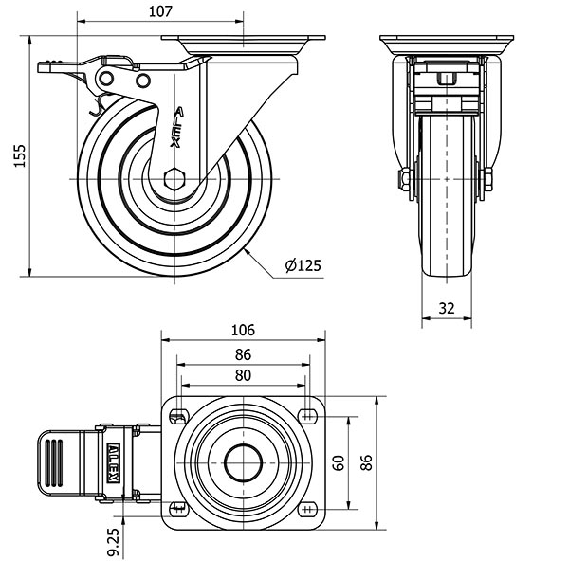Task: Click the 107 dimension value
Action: point(160,11)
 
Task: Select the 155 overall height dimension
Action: point(20,155)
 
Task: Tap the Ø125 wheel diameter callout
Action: point(303,265)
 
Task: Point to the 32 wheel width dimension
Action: point(447,308)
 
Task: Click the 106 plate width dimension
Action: point(243,330)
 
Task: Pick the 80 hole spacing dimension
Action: point(243,375)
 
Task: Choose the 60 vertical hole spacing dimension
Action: point(339,463)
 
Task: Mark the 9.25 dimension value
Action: point(113,542)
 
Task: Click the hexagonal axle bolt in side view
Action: point(174,179)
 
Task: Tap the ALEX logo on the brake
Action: point(113,463)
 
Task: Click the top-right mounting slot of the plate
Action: point(307,416)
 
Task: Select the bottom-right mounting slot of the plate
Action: point(307,510)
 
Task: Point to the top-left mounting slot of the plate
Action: point(178,418)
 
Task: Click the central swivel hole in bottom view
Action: point(244,463)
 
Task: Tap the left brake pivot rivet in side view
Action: point(106,78)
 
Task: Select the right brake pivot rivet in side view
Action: point(143,81)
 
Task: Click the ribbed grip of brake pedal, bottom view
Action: point(54,463)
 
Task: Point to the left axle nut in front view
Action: point(405,179)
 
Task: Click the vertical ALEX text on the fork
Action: point(176,127)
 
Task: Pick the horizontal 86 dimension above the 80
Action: point(243,354)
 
